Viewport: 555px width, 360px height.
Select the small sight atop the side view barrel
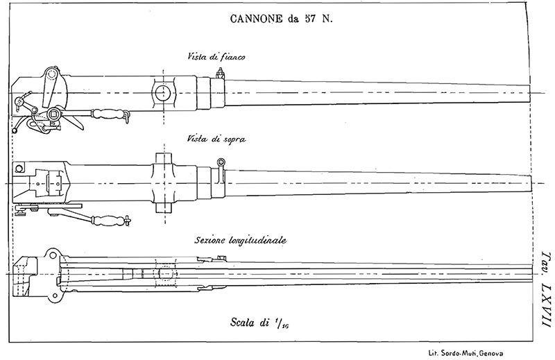pos(221,78)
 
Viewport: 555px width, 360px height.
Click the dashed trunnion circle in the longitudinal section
pos(164,274)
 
